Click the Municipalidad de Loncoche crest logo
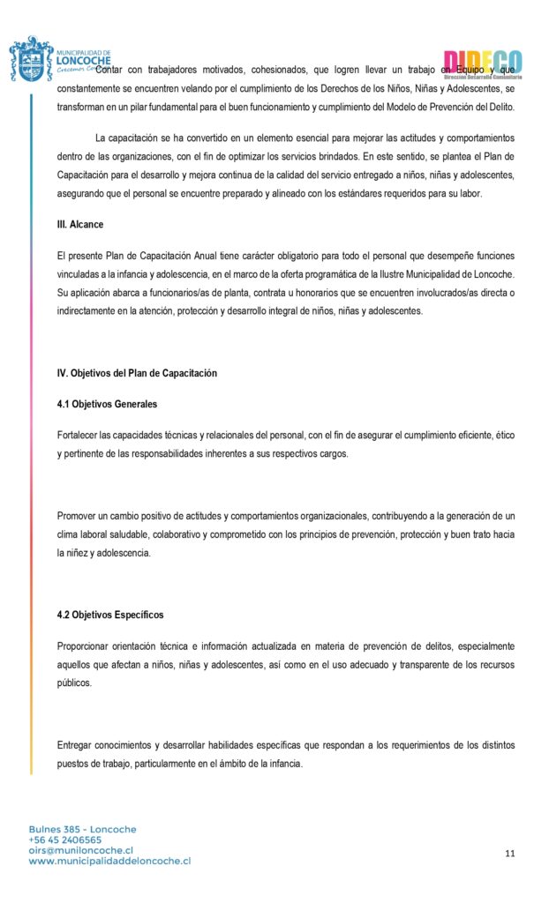(x=31, y=59)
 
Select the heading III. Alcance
(x=79, y=225)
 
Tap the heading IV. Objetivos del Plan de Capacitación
(x=137, y=373)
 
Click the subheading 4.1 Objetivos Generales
(x=107, y=404)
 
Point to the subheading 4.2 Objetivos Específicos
(x=110, y=615)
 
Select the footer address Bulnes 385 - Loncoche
(x=83, y=829)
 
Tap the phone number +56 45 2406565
(x=65, y=840)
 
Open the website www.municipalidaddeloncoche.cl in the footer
(x=109, y=861)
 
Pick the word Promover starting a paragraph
(x=78, y=515)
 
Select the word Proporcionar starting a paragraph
(x=85, y=646)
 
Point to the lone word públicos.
(x=74, y=683)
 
